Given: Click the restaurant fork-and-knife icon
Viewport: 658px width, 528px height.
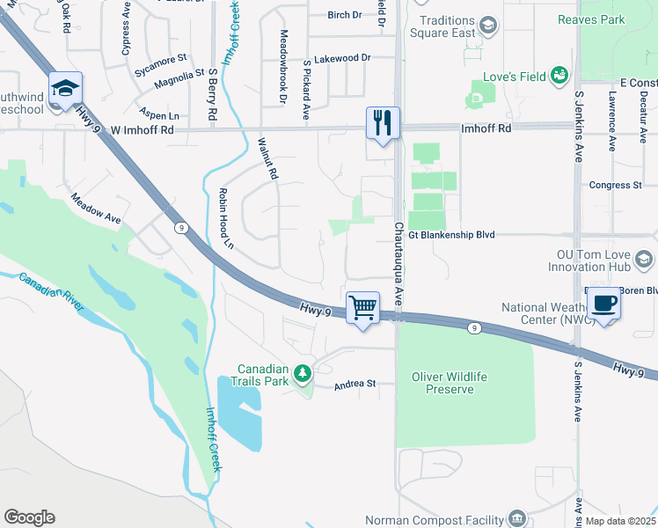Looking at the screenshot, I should [x=383, y=122].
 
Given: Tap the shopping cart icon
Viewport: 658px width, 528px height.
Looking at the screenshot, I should [x=362, y=307].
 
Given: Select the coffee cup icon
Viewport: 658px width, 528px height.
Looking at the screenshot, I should [x=604, y=303].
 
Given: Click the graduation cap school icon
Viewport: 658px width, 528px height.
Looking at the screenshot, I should [x=65, y=87].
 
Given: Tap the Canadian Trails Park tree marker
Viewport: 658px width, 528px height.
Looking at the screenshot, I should [x=303, y=373].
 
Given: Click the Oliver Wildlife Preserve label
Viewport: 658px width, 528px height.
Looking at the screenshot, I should [x=449, y=383].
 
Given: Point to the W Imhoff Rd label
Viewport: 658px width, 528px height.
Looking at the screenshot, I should [x=143, y=129].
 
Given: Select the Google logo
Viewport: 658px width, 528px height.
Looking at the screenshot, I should [x=28, y=517].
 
